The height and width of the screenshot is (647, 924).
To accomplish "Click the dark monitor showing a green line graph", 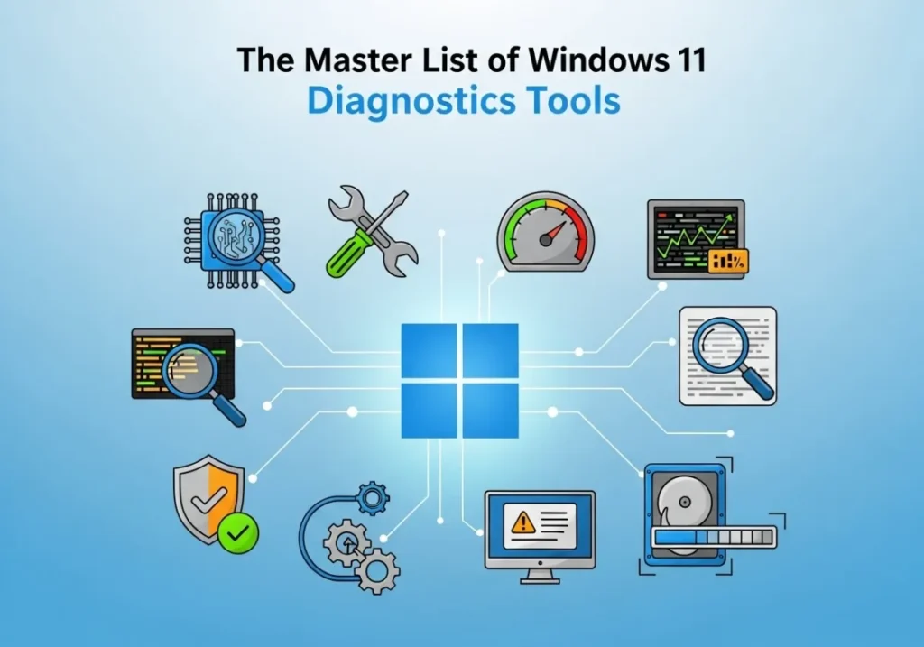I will click(695, 238).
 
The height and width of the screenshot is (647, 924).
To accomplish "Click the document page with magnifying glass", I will click(727, 356).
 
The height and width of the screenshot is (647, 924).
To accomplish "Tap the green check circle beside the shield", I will click(237, 533).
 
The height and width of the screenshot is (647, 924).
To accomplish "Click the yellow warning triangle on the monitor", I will click(522, 522).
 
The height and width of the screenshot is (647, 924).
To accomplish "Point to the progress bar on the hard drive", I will click(713, 538).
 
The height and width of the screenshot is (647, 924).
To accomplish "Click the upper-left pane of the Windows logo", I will click(429, 351).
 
